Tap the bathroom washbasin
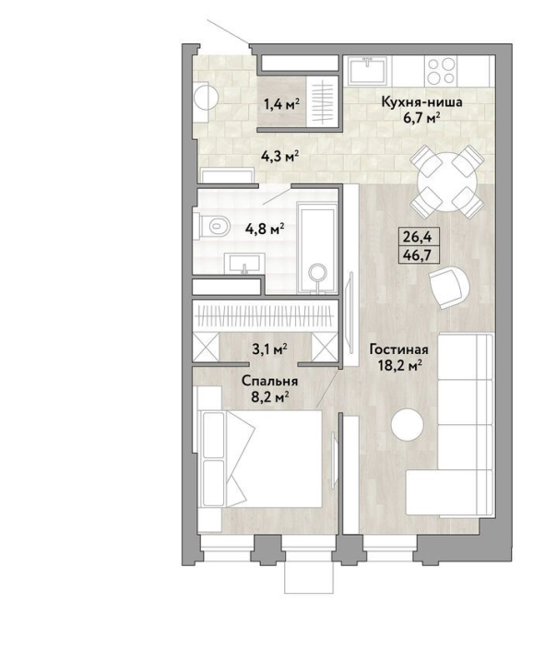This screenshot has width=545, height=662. coord(244,264)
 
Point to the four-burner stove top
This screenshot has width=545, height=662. coord(441,70)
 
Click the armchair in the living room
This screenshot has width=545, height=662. coord(449,287)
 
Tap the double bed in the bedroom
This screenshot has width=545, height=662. coord(261,458)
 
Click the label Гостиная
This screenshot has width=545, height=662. coord(398,349)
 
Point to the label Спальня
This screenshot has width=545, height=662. coord(270,381)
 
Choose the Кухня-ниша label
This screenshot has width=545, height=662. coord(421,102)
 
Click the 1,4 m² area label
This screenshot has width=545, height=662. coord(282,104)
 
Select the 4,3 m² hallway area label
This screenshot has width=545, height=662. coord(280,157)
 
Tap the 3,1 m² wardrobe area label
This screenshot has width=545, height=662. coord(270,349)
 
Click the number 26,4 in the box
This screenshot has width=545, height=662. coord(417,237)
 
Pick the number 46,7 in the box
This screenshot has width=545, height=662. coord(418,255)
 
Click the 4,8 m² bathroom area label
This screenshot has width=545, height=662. coord(265,230)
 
